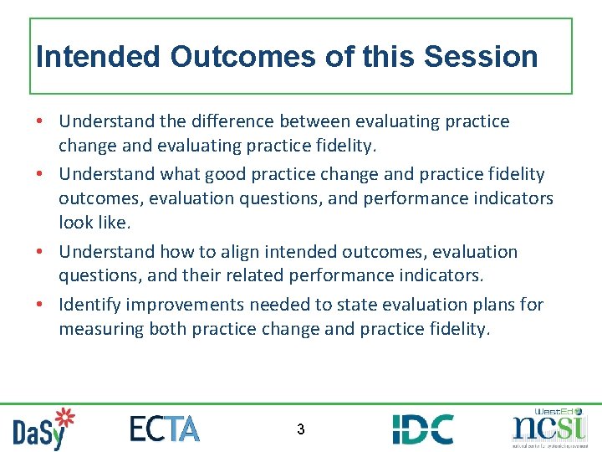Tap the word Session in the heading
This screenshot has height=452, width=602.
point(481,57)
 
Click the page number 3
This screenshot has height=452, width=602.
point(301,430)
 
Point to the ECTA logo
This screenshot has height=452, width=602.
point(165,429)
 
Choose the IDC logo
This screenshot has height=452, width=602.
point(423,429)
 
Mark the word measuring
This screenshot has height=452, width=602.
point(100,329)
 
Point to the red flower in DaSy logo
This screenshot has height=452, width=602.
point(64,419)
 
